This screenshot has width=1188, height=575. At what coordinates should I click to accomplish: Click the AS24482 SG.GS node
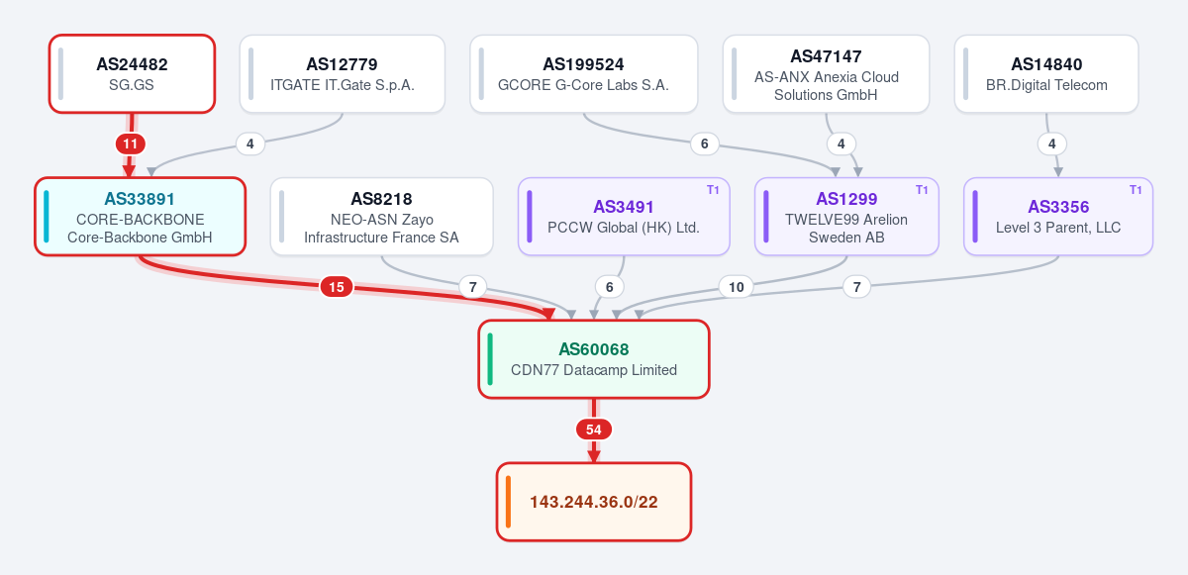[132, 73]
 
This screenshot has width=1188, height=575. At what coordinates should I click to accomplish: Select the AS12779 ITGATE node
[343, 73]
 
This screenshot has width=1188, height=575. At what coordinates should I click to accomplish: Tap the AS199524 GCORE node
[583, 73]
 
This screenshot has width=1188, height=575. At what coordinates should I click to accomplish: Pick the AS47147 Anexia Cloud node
[826, 73]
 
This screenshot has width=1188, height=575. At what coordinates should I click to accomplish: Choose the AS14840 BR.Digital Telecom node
[1046, 73]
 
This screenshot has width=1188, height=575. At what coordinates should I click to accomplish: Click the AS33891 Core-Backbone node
[140, 216]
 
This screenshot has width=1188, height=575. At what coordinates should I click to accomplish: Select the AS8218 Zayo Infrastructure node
[381, 216]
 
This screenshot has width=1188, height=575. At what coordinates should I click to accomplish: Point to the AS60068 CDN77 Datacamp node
[593, 359]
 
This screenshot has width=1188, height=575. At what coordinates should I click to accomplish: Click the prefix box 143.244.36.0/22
[593, 502]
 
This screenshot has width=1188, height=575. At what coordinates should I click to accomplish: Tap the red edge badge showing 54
[593, 430]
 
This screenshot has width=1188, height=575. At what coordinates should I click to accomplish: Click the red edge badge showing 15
[337, 287]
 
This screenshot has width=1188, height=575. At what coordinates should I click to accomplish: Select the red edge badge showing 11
[131, 144]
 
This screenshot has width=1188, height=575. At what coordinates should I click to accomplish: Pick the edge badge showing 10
[736, 287]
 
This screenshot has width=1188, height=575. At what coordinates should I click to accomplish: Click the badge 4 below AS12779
[250, 144]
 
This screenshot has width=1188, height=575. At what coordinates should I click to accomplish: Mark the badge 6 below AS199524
[704, 144]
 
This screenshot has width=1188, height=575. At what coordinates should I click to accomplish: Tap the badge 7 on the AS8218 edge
[473, 287]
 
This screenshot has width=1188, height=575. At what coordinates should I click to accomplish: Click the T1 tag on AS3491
[713, 190]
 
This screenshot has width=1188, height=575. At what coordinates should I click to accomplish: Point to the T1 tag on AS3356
[1136, 190]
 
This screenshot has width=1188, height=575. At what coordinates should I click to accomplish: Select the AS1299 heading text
[846, 199]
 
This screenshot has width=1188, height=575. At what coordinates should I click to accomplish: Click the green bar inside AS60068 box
[490, 359]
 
